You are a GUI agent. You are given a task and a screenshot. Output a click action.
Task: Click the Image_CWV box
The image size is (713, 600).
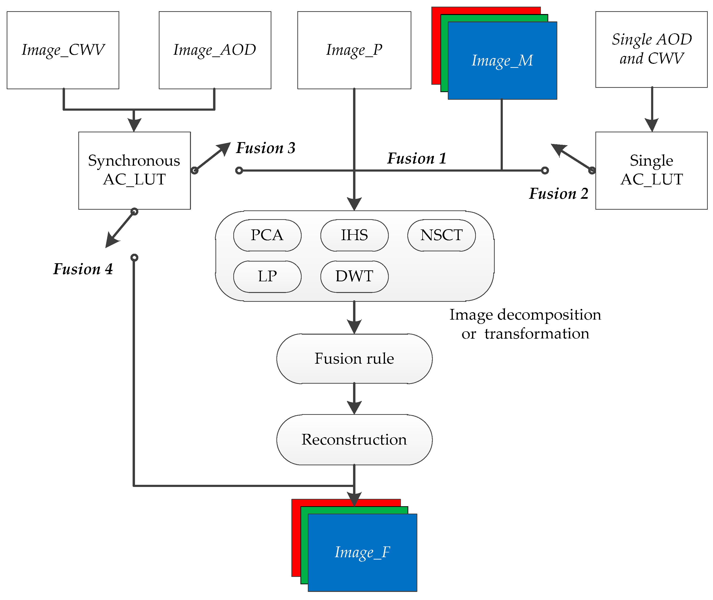(x=63, y=50)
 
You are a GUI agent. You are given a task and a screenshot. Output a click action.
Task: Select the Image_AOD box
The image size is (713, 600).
(x=215, y=50)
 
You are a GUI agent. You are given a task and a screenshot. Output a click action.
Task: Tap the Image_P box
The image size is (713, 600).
(x=354, y=50)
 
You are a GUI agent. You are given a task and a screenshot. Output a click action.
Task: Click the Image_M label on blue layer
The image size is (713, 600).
(x=502, y=60)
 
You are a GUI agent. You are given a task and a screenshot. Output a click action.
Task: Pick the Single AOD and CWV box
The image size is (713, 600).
(x=651, y=49)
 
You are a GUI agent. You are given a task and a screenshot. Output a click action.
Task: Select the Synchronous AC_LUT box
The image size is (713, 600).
(x=134, y=170)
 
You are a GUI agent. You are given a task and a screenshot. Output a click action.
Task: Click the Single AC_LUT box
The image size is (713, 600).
(x=651, y=170)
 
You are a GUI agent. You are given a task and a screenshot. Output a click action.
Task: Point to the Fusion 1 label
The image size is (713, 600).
(x=416, y=159)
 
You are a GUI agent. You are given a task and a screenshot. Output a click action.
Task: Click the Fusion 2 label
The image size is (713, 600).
(x=558, y=193)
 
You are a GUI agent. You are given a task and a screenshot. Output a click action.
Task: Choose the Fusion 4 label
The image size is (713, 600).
(x=83, y=269)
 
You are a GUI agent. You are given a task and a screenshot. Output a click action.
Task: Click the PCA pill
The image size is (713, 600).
(x=267, y=235)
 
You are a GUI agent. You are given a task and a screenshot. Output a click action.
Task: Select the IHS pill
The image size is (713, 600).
(x=354, y=235)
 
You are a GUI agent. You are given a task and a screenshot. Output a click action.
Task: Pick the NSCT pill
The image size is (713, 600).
(x=441, y=235)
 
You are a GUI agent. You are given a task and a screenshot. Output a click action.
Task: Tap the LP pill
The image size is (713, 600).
(x=267, y=276)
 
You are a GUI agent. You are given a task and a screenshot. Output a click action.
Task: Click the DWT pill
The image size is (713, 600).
(x=354, y=276)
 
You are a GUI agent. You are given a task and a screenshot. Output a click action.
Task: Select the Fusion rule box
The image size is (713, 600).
(x=354, y=358)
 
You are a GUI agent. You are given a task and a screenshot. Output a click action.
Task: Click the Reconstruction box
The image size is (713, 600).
(x=354, y=439)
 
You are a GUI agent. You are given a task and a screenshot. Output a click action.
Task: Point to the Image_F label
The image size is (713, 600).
(x=362, y=552)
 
